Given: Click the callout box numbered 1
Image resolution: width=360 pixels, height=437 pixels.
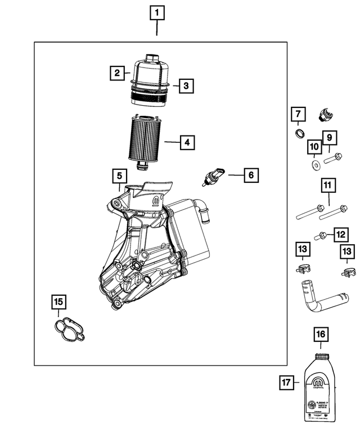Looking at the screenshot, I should click(x=157, y=12).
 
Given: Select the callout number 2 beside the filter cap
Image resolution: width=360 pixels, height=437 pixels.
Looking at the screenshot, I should click(x=117, y=73).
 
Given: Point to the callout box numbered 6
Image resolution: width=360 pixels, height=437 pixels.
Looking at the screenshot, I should click(x=251, y=175).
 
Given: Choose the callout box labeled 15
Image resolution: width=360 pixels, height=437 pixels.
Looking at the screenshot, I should click(x=58, y=303).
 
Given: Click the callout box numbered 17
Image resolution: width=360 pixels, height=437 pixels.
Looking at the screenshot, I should click(x=287, y=383).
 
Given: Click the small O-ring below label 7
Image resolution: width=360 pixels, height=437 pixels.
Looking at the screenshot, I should click(x=300, y=134).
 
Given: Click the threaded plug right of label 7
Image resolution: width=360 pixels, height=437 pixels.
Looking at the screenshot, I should click(x=325, y=115).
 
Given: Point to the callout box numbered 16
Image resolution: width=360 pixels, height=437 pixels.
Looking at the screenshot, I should click(x=320, y=335).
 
